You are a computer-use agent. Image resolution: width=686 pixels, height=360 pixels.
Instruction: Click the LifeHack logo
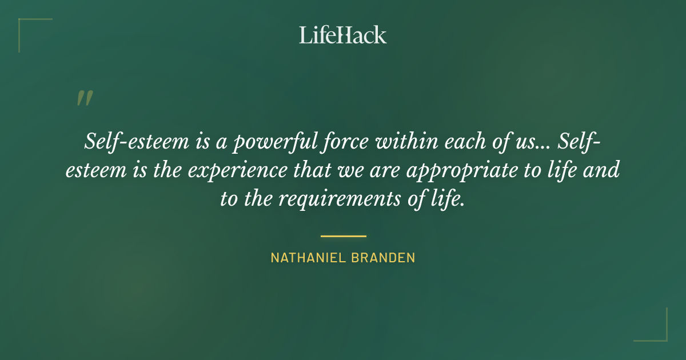[x=343, y=35]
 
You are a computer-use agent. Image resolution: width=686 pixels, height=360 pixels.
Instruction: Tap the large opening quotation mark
[x=84, y=98]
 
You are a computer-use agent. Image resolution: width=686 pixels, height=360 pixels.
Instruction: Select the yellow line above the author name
[x=343, y=235]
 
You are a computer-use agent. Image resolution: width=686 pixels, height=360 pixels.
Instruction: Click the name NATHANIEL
[x=306, y=258]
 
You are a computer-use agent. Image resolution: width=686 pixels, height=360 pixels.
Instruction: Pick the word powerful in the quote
[x=267, y=142]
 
